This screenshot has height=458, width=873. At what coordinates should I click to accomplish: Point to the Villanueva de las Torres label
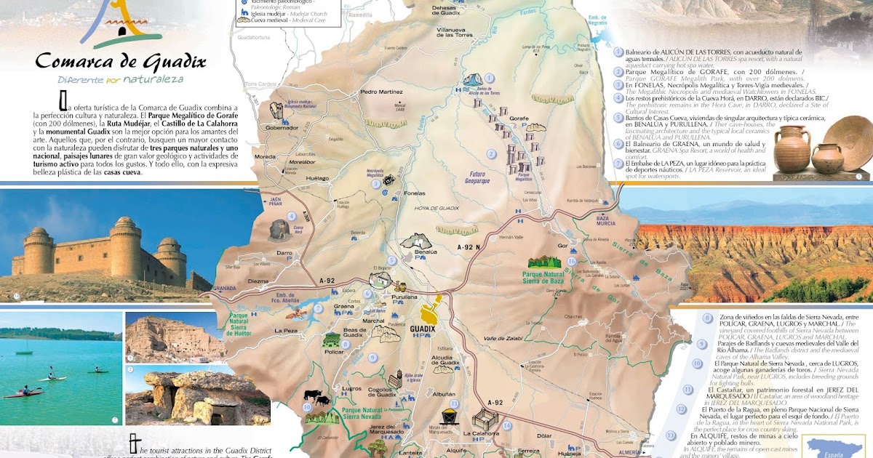pos(455,31)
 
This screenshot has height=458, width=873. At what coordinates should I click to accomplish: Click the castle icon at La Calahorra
pos(483,421)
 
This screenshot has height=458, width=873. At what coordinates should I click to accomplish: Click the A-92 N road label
pos(469,248)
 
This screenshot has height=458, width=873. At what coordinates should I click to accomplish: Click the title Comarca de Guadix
pos(120,61)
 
